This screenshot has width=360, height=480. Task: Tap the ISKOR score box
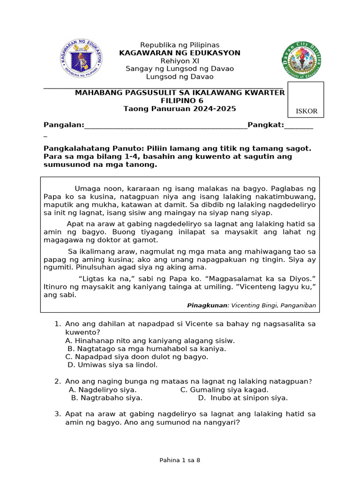[306, 100]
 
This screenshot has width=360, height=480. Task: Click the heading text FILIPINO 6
[180, 101]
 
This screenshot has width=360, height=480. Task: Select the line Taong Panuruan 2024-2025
[180, 109]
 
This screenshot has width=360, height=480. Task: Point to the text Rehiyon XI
[180, 61]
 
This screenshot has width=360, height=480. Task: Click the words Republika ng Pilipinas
[180, 45]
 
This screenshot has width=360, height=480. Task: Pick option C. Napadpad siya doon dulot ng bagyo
[137, 357]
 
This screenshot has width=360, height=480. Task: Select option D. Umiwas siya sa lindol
[113, 365]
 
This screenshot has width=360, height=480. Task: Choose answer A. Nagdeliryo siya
[103, 390]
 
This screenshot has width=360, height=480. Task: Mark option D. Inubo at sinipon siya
[243, 398]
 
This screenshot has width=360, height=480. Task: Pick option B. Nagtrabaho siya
[107, 398]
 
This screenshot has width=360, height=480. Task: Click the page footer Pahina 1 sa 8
[180, 460]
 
